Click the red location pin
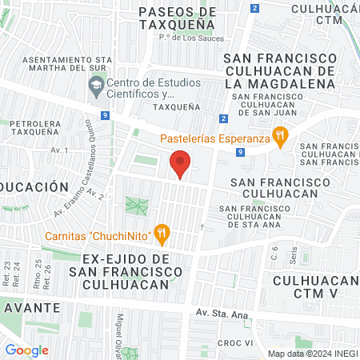(x=181, y=164)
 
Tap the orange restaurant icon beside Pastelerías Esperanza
(x=280, y=138)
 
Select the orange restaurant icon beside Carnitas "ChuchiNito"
(x=162, y=235)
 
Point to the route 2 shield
(x=254, y=8)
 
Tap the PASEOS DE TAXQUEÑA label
(x=177, y=18)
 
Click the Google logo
(x=26, y=350)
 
